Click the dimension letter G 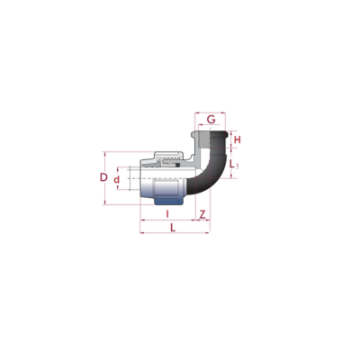(211, 120)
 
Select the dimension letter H (238, 139)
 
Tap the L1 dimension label (233, 164)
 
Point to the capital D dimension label (103, 177)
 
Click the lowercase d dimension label (116, 180)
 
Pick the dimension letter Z (202, 214)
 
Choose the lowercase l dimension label (167, 214)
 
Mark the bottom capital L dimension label (173, 228)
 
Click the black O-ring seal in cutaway (177, 166)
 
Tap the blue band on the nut (168, 201)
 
